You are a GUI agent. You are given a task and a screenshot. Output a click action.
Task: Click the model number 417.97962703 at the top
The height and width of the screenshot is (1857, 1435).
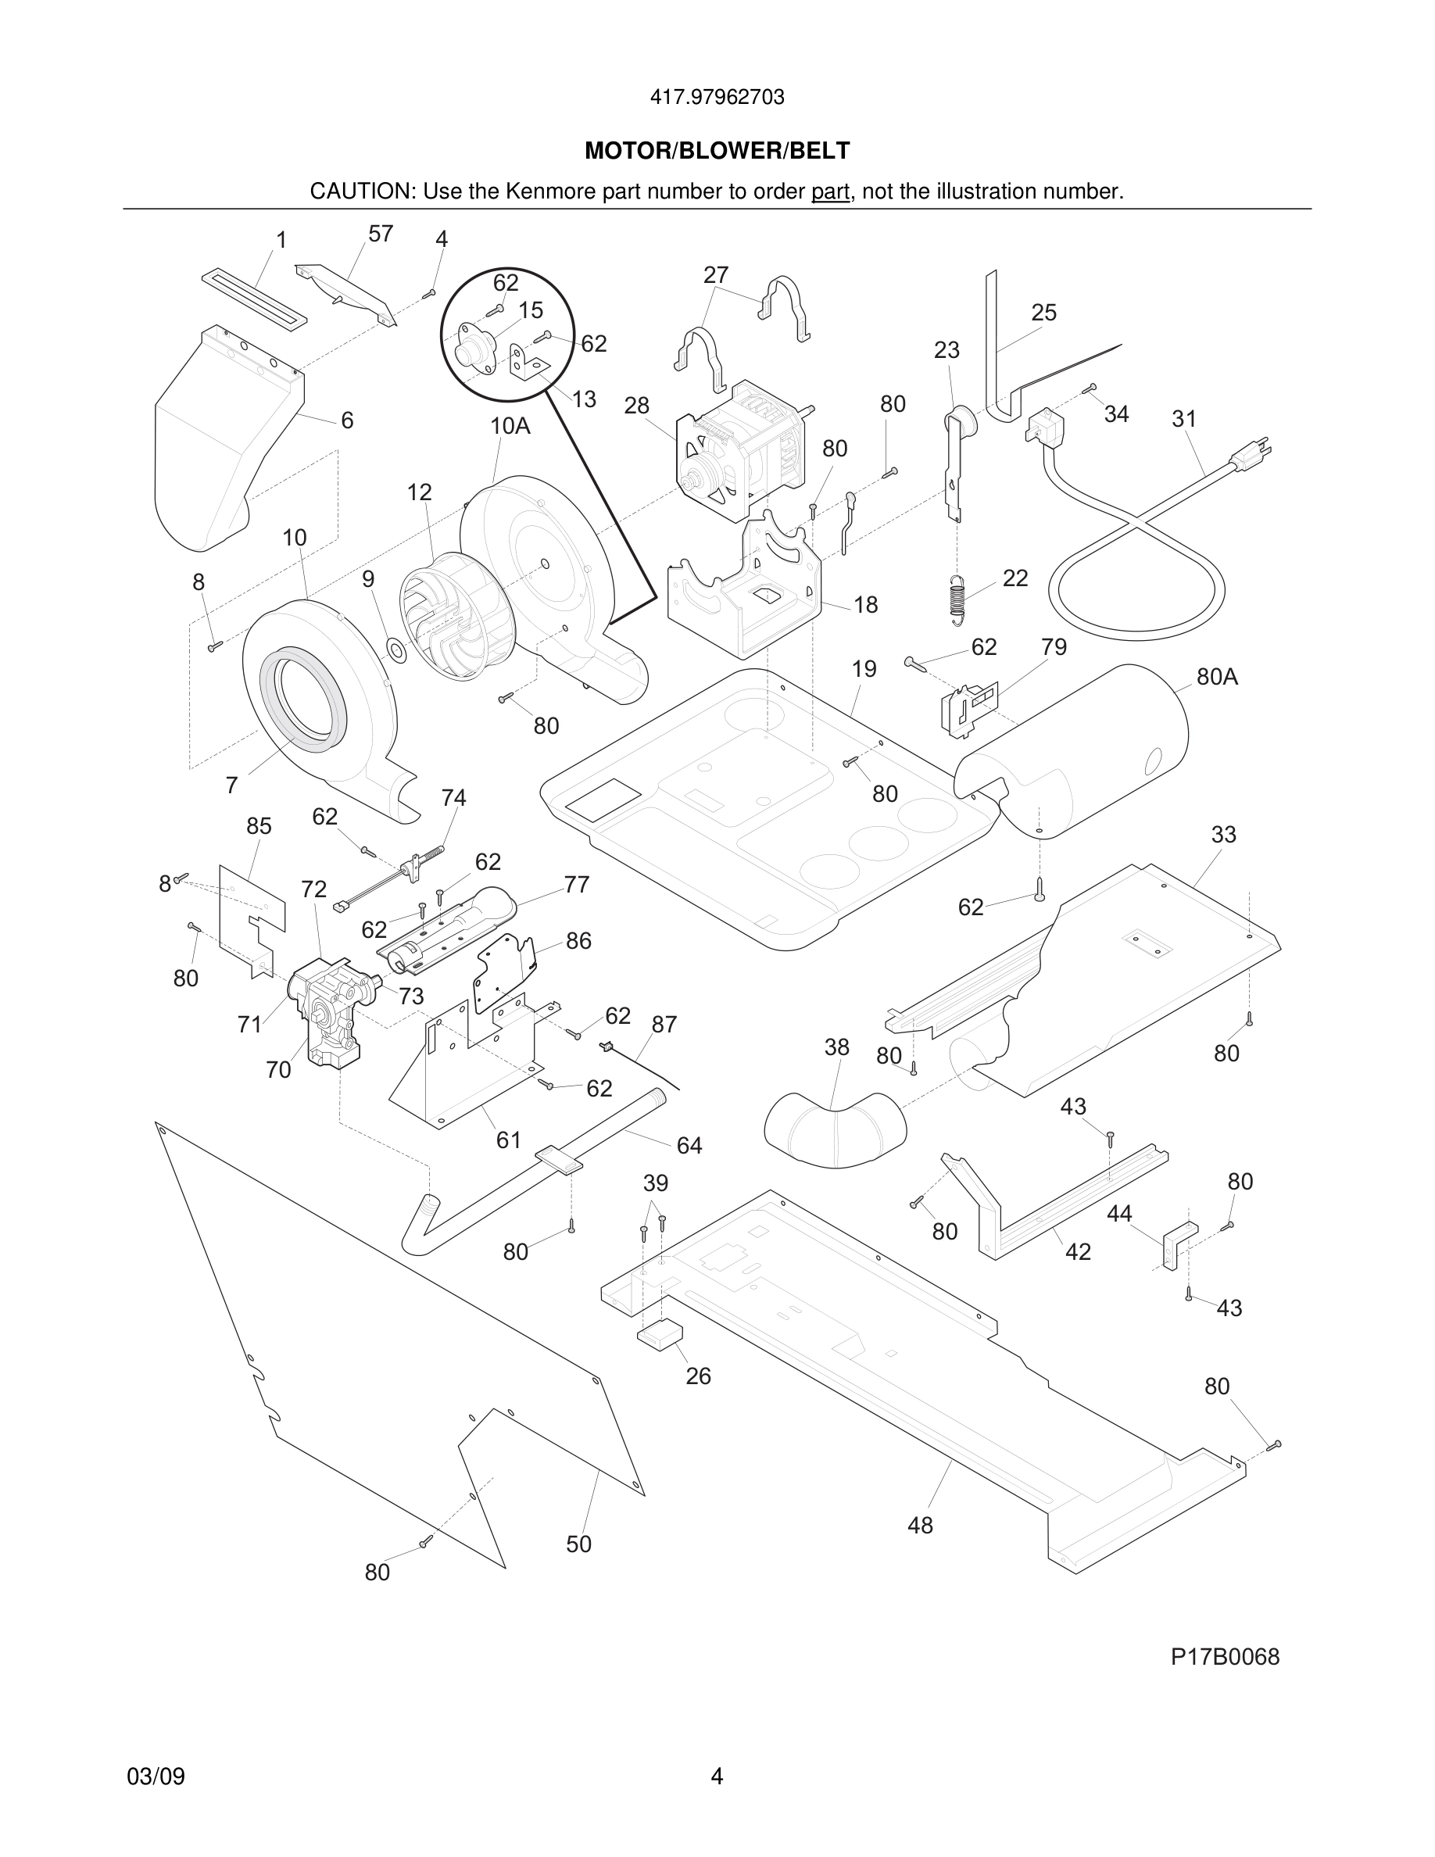pyautogui.click(x=717, y=98)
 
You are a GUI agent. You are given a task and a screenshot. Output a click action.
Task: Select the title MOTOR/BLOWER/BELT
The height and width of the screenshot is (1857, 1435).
pyautogui.click(x=717, y=152)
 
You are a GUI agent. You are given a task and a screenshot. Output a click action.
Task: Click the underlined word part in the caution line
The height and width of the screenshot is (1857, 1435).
pyautogui.click(x=830, y=192)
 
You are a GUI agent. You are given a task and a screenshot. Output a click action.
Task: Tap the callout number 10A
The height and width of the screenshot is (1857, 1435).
pyautogui.click(x=510, y=426)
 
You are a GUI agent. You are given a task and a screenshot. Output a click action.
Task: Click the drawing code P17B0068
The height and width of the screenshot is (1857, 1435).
pyautogui.click(x=1224, y=1657)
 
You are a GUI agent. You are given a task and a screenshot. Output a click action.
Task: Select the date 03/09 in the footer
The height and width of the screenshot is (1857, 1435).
pyautogui.click(x=156, y=1777)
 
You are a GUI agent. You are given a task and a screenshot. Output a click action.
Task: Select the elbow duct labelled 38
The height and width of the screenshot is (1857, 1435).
pyautogui.click(x=835, y=1128)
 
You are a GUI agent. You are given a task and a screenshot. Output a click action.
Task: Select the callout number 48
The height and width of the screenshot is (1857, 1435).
pyautogui.click(x=920, y=1526)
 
